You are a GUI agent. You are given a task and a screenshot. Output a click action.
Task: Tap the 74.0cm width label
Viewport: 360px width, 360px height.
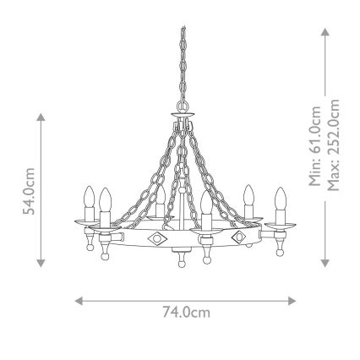point(185,313)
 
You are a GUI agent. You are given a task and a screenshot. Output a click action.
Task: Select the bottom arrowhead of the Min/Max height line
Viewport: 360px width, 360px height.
point(325,264)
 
